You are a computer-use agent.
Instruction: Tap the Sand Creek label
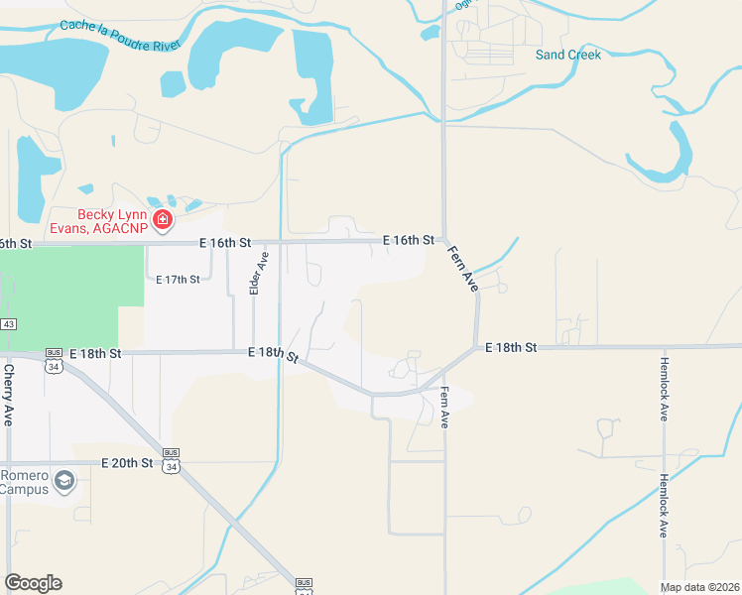click(568, 55)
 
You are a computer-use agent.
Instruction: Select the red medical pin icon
click(162, 219)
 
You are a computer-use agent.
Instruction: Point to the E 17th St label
click(178, 279)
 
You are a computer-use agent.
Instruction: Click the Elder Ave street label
click(259, 273)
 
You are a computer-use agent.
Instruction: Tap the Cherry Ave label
click(9, 395)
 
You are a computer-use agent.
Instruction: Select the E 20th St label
click(128, 462)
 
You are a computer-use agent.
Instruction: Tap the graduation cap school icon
click(64, 481)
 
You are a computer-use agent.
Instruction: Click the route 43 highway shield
click(8, 324)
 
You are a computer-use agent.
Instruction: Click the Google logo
click(33, 583)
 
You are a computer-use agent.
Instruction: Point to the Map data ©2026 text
click(700, 587)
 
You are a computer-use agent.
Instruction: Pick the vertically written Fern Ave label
click(444, 408)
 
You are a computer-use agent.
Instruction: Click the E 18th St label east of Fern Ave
click(511, 347)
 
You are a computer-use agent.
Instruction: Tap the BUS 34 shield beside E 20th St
click(173, 463)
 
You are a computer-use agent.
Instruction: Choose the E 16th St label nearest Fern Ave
click(409, 240)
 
